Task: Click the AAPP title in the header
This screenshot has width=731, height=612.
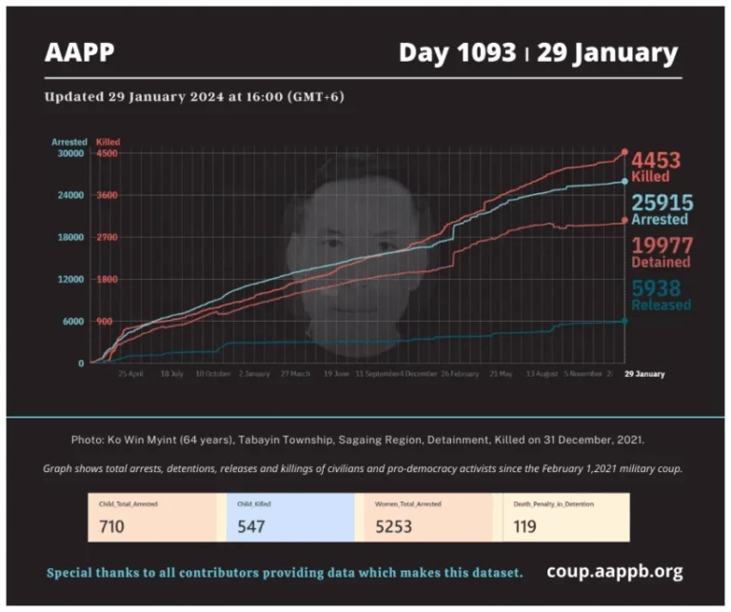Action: click(x=79, y=53)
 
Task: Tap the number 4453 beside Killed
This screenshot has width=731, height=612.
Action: click(x=657, y=160)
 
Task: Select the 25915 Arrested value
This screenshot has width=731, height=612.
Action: click(x=662, y=202)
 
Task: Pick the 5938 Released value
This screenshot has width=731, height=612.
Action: click(x=659, y=288)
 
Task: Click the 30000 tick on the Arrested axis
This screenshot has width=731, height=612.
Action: click(x=71, y=153)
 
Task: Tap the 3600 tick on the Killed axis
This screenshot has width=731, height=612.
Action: click(x=107, y=195)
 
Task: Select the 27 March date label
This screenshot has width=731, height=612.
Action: click(x=295, y=375)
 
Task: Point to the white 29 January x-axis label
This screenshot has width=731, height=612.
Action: click(x=644, y=374)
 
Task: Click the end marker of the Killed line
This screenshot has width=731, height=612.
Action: click(x=624, y=152)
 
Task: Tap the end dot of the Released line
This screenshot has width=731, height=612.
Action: click(x=624, y=321)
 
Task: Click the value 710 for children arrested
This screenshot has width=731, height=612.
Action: click(x=112, y=526)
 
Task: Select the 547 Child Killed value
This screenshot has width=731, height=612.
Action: click(x=251, y=526)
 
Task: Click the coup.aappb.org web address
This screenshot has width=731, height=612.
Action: click(x=614, y=572)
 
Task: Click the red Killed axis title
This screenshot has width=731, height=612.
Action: click(x=108, y=142)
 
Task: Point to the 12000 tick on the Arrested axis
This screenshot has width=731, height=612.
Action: click(x=71, y=279)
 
